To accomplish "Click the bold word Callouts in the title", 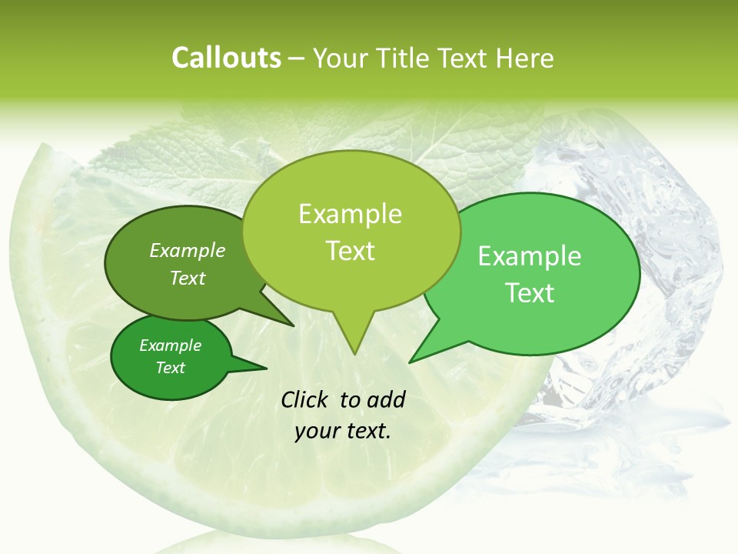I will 226,58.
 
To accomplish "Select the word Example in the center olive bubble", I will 350,214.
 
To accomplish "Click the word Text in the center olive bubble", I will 350,251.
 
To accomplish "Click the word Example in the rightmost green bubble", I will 530,256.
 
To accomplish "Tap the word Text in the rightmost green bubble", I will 530,293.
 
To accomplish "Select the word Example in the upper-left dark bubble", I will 188,250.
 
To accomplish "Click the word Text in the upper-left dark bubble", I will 188,278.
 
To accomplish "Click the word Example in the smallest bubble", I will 170,345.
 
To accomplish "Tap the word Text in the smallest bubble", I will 170,368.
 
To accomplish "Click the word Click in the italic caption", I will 305,399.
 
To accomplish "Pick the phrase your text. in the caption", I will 342,431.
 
